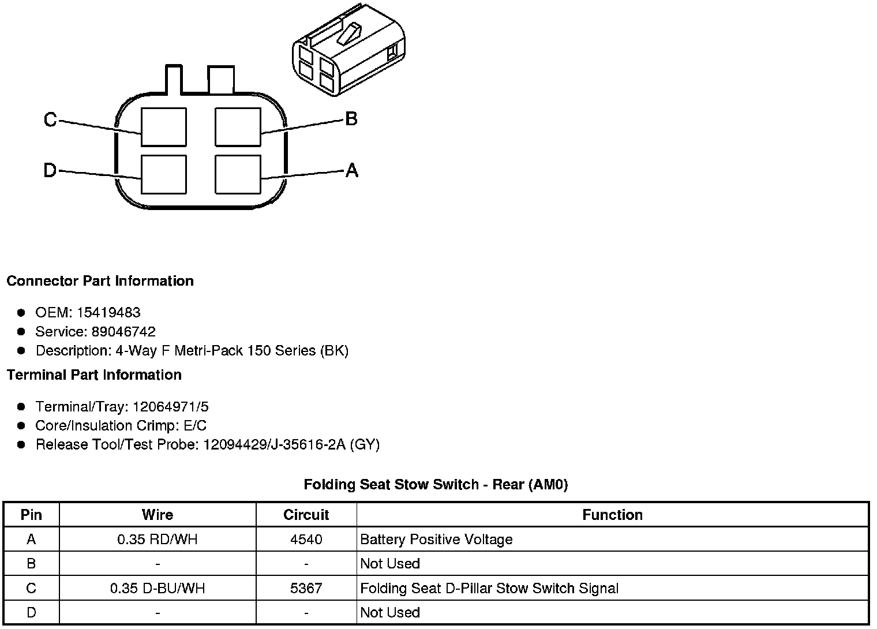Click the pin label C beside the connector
point(50,120)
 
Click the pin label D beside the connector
point(50,171)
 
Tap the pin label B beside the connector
point(351,119)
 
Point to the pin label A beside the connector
point(351,170)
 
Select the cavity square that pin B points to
point(237,127)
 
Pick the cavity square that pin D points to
point(164,174)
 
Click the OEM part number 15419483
point(108,313)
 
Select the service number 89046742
point(123,332)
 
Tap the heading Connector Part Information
point(100,281)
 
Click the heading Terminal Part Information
point(94,375)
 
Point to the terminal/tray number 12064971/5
point(171,407)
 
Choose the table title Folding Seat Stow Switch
point(436,485)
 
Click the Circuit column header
point(306,515)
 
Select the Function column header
point(612,515)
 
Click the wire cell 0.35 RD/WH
point(157,540)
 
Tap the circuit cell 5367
point(306,589)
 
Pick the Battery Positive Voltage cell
point(436,540)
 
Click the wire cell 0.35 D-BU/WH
point(157,589)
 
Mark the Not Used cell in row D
point(390,612)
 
